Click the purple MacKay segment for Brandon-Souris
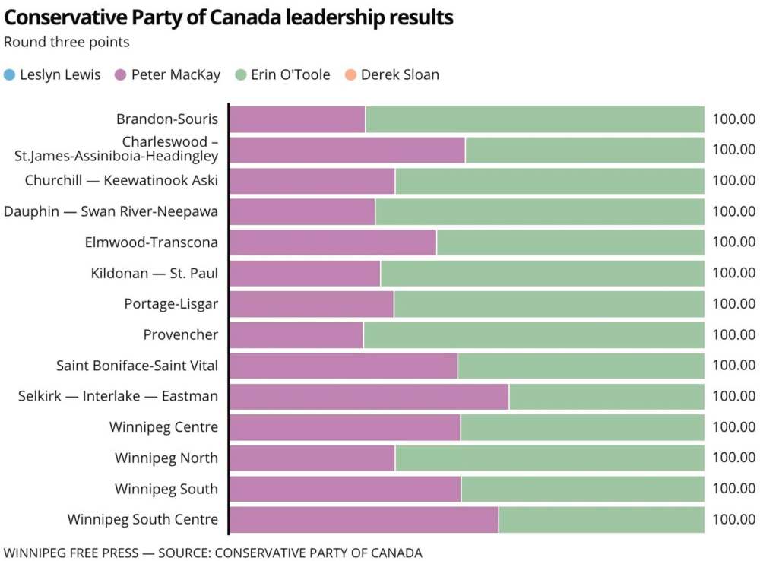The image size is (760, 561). tap(297, 119)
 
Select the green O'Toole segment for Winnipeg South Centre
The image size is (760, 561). tap(601, 520)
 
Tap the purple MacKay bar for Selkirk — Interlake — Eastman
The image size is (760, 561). tap(369, 396)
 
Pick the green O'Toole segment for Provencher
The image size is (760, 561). tap(534, 334)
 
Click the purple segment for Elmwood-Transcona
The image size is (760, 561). tap(333, 242)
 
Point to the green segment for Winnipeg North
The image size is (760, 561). tap(549, 458)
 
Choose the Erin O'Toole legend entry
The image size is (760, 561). tap(282, 74)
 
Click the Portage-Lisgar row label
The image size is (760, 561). tap(171, 304)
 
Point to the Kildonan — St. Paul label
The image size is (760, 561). tap(154, 273)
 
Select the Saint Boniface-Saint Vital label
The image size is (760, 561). tap(137, 366)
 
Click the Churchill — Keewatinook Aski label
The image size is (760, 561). tap(121, 181)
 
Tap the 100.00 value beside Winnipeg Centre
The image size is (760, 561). tap(733, 427)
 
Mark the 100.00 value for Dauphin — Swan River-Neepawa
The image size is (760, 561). tap(733, 211)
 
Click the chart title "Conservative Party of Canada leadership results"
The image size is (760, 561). tap(229, 17)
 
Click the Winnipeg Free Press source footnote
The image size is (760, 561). tap(213, 553)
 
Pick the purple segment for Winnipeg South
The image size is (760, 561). tap(345, 489)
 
